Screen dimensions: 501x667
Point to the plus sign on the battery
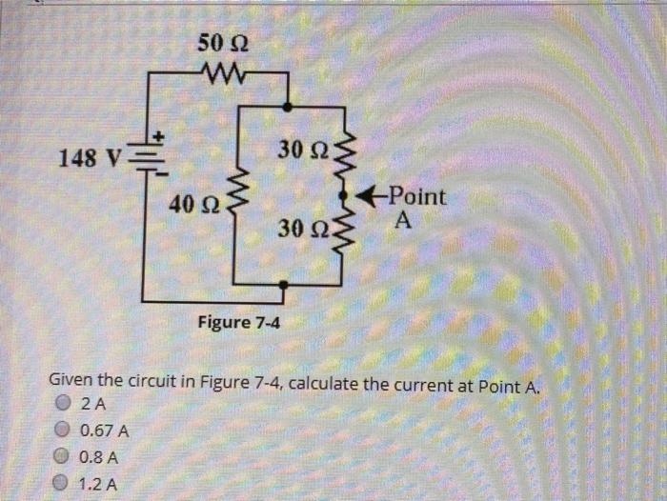pyautogui.click(x=160, y=136)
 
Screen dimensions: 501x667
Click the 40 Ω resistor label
pyautogui.click(x=193, y=203)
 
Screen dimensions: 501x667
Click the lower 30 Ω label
pyautogui.click(x=305, y=229)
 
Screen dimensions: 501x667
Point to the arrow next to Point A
pyautogui.click(x=367, y=196)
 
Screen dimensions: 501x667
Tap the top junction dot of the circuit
pyautogui.click(x=289, y=110)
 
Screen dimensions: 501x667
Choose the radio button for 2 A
pyautogui.click(x=65, y=402)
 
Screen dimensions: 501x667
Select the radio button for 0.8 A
pyautogui.click(x=65, y=456)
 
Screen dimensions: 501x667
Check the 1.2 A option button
pyautogui.click(x=65, y=483)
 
